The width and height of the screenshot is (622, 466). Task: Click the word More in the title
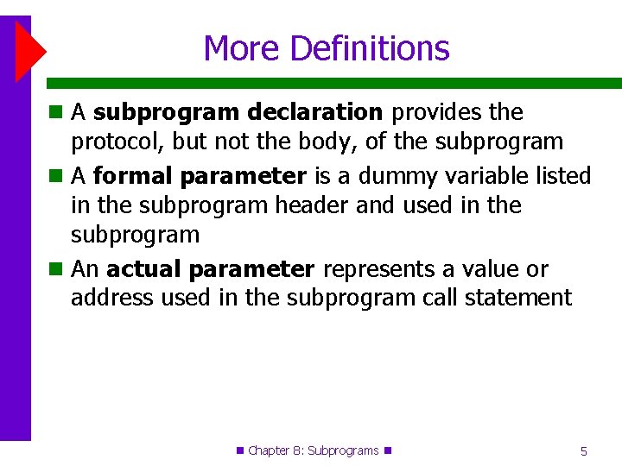click(242, 47)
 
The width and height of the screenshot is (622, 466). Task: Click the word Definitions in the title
click(370, 47)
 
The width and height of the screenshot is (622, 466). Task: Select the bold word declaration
click(314, 112)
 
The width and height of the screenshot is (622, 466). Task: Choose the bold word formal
click(130, 176)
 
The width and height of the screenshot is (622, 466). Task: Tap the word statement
click(520, 299)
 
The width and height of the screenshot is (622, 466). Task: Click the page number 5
click(584, 450)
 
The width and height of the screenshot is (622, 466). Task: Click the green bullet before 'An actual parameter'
click(54, 269)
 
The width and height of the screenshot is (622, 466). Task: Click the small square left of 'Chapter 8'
click(240, 450)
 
